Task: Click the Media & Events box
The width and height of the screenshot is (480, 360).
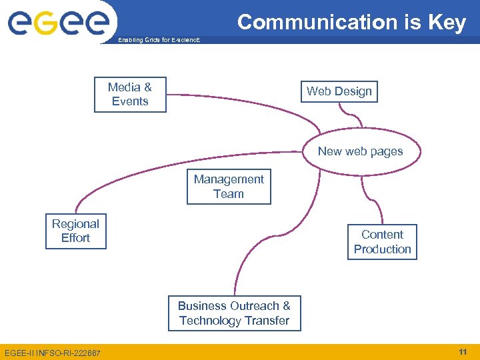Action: click(x=130, y=94)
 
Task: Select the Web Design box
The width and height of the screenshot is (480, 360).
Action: click(x=339, y=91)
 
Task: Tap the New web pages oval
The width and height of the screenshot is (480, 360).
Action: click(x=360, y=151)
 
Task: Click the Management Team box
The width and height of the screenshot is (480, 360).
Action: click(x=229, y=187)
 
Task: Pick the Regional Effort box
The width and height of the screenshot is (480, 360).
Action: click(x=75, y=231)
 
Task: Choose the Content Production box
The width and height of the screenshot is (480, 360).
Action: click(x=382, y=242)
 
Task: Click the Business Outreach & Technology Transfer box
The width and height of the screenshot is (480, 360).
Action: click(x=234, y=313)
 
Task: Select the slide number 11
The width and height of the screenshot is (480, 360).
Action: click(x=463, y=351)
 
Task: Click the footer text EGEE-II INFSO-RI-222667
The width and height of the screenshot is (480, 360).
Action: click(x=53, y=352)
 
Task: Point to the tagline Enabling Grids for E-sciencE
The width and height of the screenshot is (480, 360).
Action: click(x=158, y=41)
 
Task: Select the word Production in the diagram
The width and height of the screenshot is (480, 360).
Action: click(x=382, y=249)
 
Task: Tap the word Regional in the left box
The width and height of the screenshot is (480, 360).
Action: click(x=75, y=224)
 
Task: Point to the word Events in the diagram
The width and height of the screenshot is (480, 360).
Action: click(x=130, y=101)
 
